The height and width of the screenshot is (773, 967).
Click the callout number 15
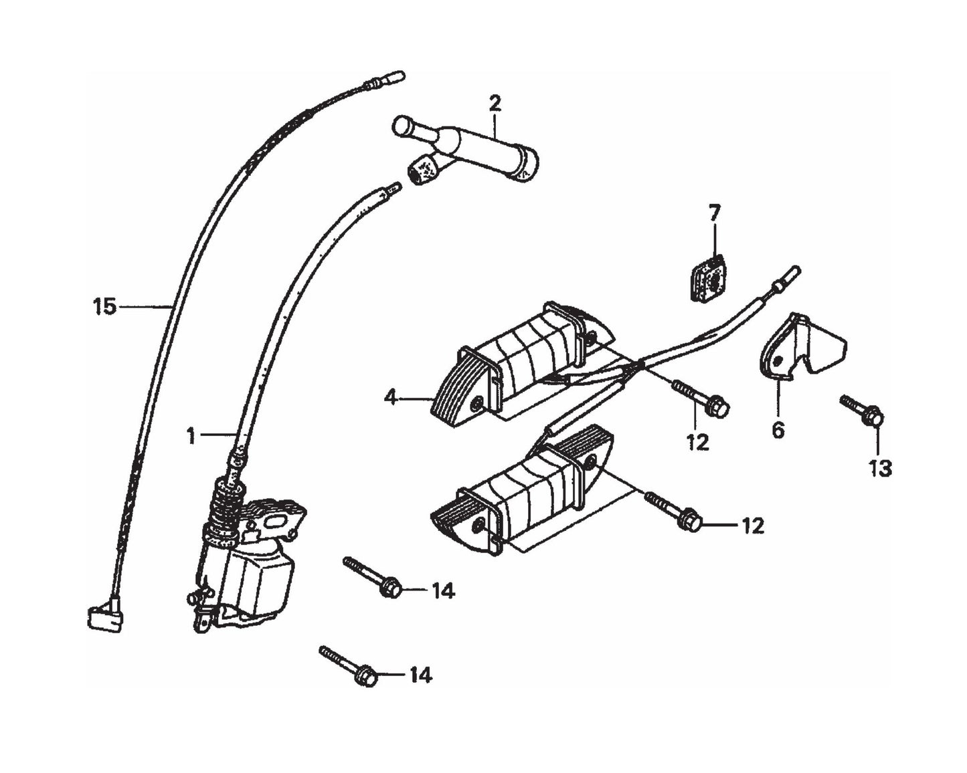click(x=104, y=308)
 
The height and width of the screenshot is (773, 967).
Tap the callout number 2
click(x=495, y=104)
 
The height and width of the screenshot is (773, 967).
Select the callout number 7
click(x=715, y=214)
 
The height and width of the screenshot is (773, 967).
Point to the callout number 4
click(x=391, y=398)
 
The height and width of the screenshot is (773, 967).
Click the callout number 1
click(x=191, y=437)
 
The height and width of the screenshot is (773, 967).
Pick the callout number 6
click(x=778, y=431)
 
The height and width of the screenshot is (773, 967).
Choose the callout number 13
click(x=881, y=469)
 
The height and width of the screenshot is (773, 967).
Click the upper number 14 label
click(x=442, y=591)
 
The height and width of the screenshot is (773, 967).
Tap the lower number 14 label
click(x=420, y=676)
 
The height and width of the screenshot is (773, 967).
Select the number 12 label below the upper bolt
click(x=697, y=442)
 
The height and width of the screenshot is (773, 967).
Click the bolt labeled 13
click(x=863, y=411)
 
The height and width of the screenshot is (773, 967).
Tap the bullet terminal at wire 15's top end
click(x=385, y=80)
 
